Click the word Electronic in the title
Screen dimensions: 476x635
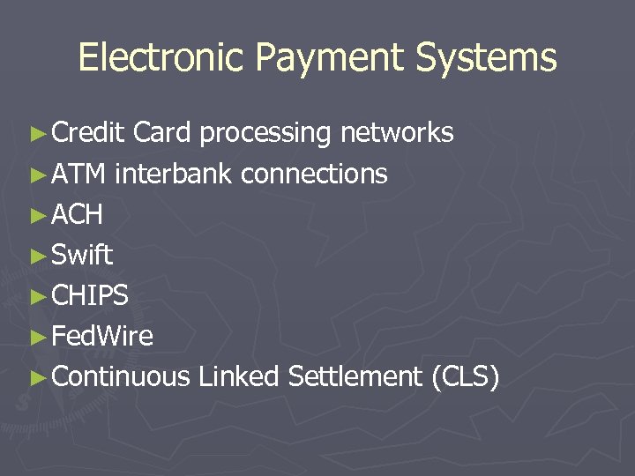161,58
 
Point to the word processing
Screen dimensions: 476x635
265,133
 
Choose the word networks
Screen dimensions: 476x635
397,132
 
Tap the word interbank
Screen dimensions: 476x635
173,174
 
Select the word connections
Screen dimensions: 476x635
314,174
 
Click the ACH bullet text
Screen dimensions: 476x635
78,214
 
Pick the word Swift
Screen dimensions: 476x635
82,255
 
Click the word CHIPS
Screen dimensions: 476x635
90,295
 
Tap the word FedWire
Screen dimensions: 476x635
102,336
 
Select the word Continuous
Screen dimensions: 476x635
121,376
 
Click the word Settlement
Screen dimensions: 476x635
355,376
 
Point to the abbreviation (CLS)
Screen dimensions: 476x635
466,377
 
